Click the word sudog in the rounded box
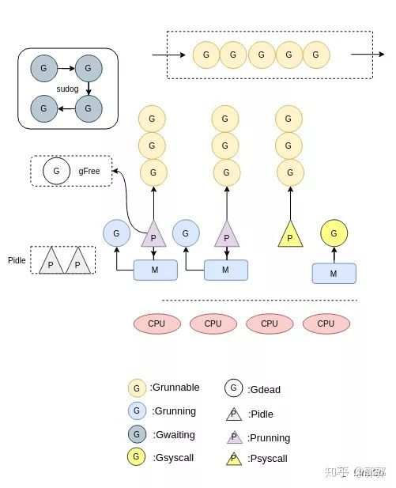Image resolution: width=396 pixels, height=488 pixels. pos(68,89)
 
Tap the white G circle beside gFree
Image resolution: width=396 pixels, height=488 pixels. pos(55,171)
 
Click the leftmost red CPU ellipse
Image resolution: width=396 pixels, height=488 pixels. pos(157,323)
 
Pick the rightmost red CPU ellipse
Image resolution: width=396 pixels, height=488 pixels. pos(326,323)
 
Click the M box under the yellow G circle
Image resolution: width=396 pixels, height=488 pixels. pos(334,274)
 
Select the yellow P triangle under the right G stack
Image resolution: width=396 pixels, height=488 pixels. pos(290,236)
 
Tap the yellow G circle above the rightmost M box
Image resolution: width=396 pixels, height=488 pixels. pos(334,233)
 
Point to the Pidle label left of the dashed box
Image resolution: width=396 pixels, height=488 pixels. pos(17,260)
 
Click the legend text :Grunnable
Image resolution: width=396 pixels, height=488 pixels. pos(175,388)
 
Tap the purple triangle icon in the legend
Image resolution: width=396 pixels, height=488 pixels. pos(233,437)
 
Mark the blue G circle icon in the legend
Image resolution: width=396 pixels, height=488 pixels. pos(137,411)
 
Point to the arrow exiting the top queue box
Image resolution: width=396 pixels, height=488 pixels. pos(362,55)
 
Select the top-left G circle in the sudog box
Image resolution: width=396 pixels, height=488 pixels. pos(43,69)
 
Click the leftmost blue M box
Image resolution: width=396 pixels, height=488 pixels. pos(155,270)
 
